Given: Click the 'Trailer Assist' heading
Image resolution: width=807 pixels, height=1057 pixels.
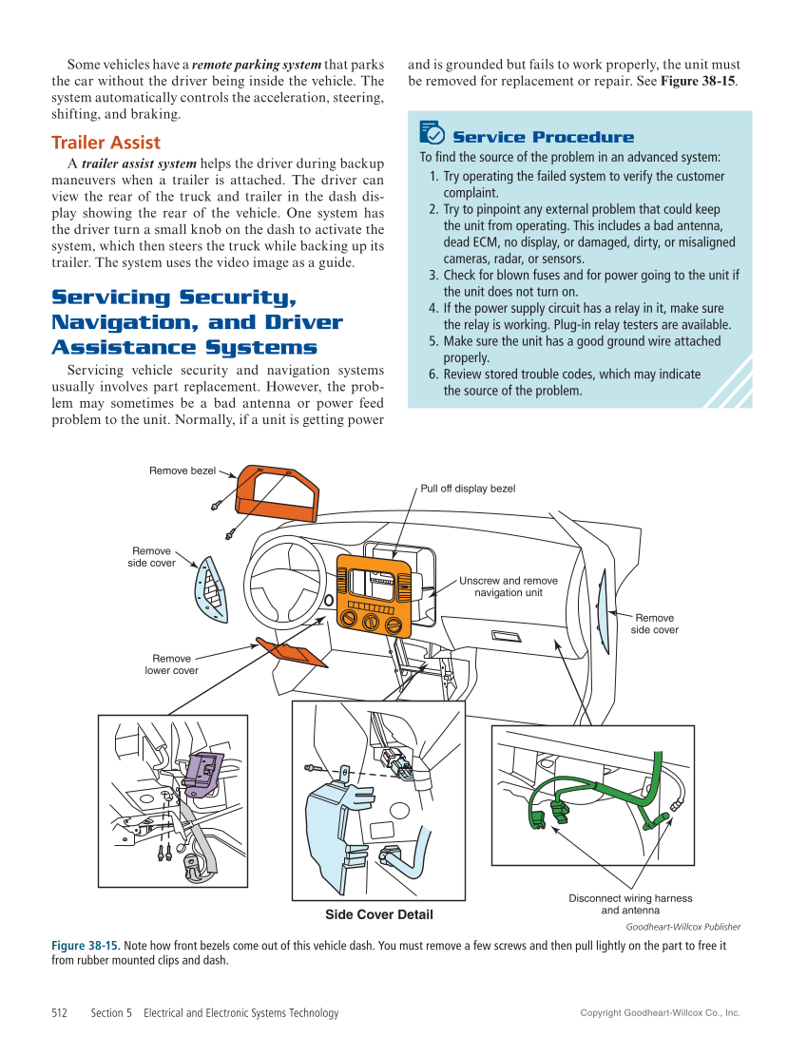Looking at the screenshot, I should click(106, 144).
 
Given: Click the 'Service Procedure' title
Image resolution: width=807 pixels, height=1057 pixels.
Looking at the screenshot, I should click(543, 137).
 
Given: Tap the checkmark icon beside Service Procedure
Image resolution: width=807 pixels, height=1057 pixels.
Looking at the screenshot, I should click(432, 133).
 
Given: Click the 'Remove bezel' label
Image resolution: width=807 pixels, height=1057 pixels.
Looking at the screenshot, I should click(182, 471).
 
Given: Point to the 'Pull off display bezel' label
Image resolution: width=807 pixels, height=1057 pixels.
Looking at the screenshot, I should click(468, 489).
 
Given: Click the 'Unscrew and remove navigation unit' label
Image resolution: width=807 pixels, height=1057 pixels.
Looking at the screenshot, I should click(509, 586).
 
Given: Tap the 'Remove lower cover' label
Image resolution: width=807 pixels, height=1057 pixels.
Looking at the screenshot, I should click(171, 664).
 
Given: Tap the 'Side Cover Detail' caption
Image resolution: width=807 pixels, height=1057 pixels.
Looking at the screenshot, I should click(378, 914).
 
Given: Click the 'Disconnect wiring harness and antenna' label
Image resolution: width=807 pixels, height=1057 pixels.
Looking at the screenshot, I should click(630, 904).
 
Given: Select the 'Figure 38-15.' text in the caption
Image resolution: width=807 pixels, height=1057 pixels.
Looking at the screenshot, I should click(85, 946).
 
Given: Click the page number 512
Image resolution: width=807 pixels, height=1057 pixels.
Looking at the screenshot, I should click(59, 1013).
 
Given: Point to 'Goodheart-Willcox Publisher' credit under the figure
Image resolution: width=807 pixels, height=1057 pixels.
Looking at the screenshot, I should click(682, 927).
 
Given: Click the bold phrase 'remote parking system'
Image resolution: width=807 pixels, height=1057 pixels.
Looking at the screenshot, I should click(257, 66).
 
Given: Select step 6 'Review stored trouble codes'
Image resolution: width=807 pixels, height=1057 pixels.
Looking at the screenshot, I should click(565, 382).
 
